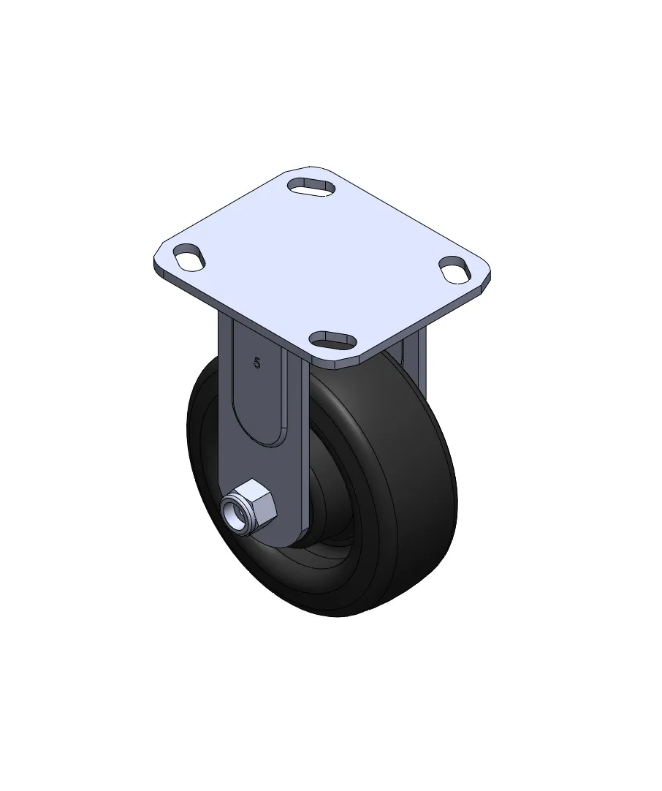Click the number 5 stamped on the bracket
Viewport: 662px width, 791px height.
click(x=258, y=363)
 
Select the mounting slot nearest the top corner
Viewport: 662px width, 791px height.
click(x=311, y=186)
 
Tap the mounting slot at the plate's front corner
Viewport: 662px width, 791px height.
click(x=331, y=339)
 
